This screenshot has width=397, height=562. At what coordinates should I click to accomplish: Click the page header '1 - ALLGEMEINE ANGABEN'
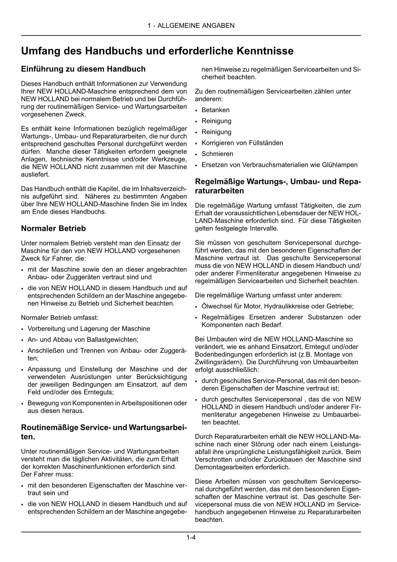point(191,26)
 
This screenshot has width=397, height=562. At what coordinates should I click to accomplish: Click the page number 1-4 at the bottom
point(191,538)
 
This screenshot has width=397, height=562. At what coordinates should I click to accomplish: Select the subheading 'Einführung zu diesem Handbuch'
point(83,69)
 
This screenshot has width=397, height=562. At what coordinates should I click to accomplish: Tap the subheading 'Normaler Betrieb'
point(53,228)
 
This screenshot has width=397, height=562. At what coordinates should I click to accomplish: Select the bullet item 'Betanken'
point(215,110)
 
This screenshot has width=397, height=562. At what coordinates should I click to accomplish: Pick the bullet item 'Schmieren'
point(217,154)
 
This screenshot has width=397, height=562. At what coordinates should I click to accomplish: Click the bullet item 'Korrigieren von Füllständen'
point(242,143)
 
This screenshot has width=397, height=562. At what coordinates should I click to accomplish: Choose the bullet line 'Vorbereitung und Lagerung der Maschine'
point(89,329)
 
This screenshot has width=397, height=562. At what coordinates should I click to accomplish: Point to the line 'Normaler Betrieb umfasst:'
point(60,318)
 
